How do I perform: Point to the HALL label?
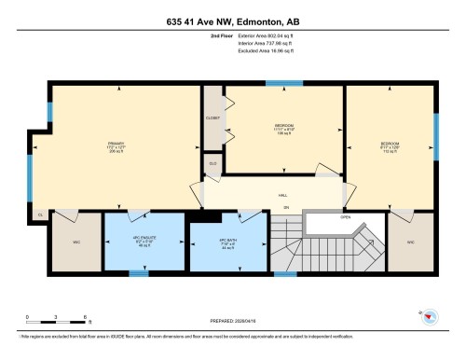tap(282, 196)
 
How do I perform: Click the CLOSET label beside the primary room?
tap(212, 118)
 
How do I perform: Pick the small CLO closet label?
tap(212, 162)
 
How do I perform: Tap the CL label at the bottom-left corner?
tap(40, 215)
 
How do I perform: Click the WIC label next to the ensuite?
tap(77, 242)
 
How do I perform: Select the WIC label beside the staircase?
tap(410, 242)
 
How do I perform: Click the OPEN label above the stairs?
tap(345, 217)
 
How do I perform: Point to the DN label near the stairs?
tap(287, 206)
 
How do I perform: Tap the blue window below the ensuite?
tap(139, 273)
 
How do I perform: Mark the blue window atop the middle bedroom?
tap(277, 84)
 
